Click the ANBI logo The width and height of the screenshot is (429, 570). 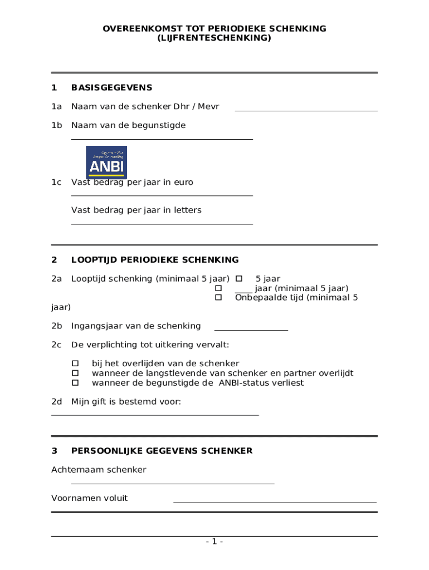(x=106, y=162)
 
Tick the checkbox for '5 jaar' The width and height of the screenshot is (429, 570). (x=238, y=278)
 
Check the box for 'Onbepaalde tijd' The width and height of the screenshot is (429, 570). (x=218, y=298)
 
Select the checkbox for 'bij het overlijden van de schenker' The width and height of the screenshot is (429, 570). (x=75, y=363)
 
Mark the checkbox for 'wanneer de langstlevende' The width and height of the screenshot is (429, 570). (x=75, y=374)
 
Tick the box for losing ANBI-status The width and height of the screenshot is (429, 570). (x=75, y=383)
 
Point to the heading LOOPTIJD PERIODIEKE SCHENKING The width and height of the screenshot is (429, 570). (x=155, y=259)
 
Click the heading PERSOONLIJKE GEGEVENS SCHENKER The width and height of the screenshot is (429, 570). (x=162, y=450)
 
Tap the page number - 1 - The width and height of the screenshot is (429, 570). (x=214, y=542)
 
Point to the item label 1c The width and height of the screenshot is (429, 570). (x=56, y=182)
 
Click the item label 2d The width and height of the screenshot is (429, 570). (x=56, y=401)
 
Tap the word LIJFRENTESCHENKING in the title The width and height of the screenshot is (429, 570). (x=214, y=38)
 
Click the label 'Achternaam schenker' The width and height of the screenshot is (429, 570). (x=99, y=469)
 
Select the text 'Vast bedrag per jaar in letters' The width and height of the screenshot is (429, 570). (x=136, y=210)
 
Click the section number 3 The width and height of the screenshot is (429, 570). (x=54, y=450)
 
